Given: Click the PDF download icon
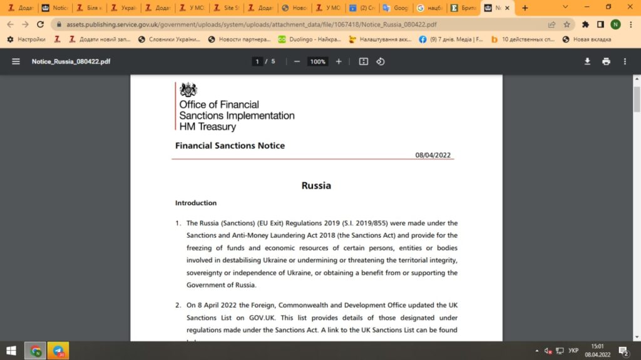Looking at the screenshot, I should point(587,61).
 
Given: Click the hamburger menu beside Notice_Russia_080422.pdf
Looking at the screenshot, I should point(16,61).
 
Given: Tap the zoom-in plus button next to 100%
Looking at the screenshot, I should point(339,61).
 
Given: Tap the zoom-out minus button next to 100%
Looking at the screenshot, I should point(297,61).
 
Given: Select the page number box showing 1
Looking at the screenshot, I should point(257,61).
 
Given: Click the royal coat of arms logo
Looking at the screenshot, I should point(188,90).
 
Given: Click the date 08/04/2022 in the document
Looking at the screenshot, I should point(433,155).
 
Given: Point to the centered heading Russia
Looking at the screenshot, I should point(316,185).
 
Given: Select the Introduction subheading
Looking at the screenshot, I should point(196,203).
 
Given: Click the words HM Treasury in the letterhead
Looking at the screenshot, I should point(207,126).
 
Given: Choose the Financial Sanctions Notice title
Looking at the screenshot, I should point(230,145).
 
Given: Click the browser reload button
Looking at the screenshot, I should point(41,24).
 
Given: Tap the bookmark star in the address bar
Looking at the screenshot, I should point(567,24).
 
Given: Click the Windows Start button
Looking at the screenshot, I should point(11,351).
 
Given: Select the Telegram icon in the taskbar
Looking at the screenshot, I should point(58,351).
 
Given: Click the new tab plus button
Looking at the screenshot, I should point(525,8).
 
